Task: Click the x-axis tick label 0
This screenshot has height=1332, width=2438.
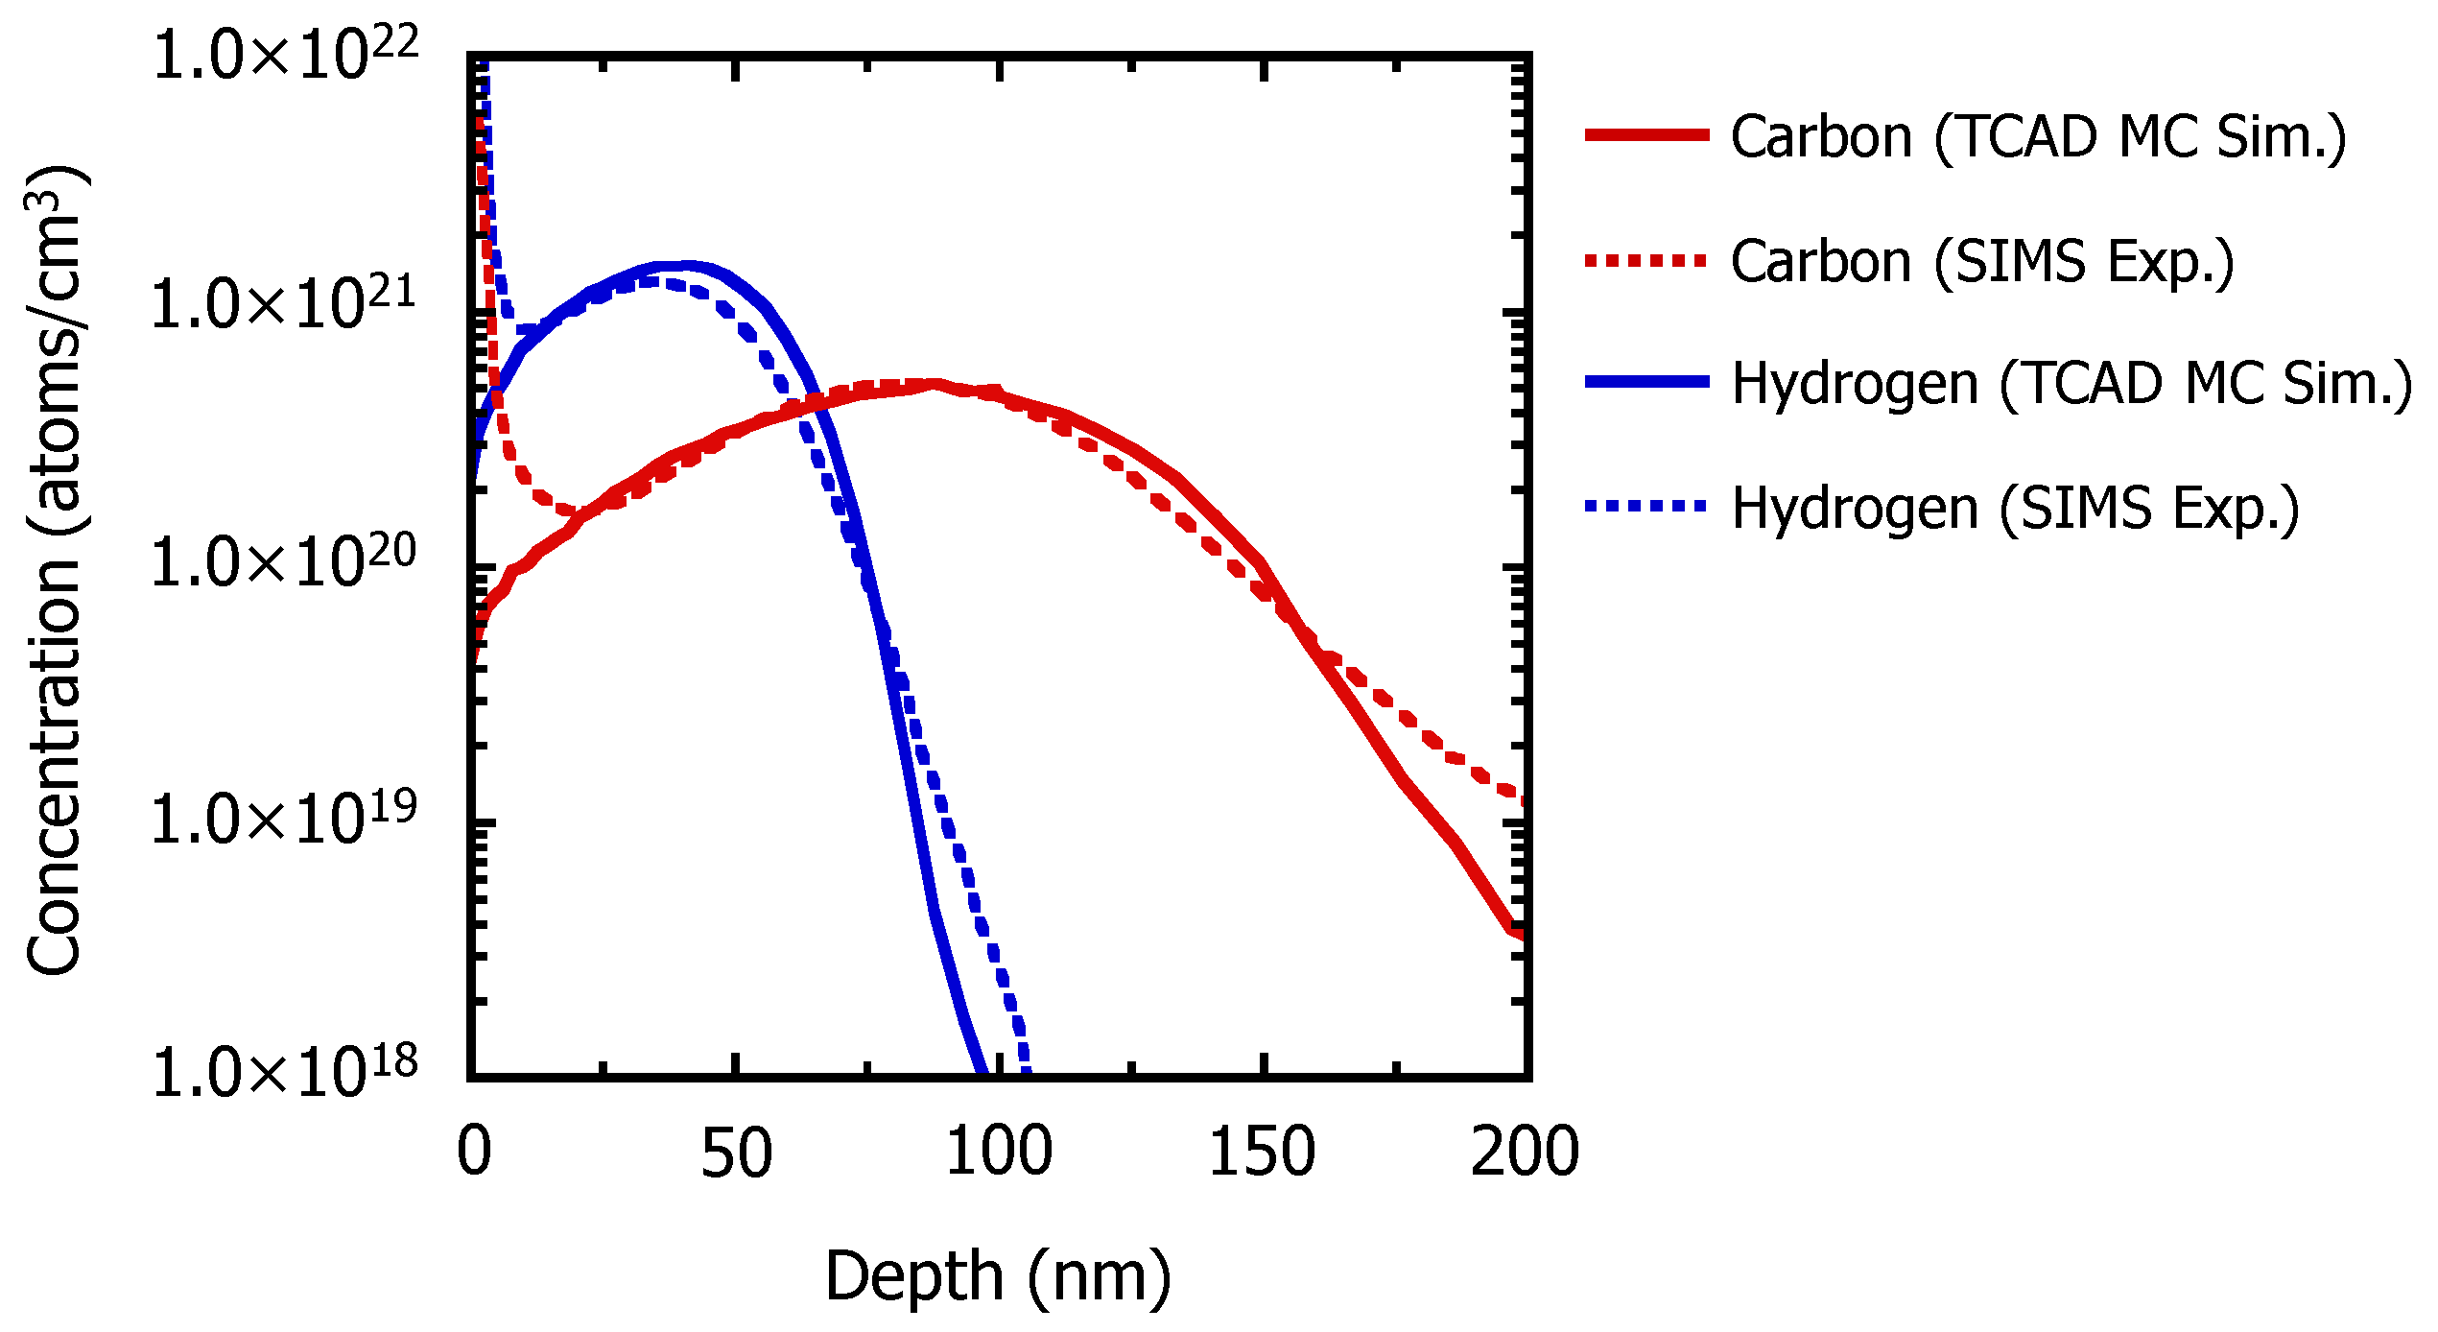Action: click(474, 1152)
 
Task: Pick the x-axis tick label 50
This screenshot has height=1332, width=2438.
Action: click(736, 1152)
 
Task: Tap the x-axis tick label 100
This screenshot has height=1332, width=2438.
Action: click(999, 1152)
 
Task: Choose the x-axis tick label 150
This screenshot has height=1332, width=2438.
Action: click(1262, 1152)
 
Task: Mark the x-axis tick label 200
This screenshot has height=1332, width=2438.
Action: click(1525, 1152)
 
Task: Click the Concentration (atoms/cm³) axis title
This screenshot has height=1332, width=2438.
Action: click(56, 571)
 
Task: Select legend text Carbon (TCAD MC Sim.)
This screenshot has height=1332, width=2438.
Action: click(2039, 137)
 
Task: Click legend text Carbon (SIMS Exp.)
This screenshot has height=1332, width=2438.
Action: click(1982, 261)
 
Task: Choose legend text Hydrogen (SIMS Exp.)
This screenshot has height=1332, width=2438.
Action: click(2016, 508)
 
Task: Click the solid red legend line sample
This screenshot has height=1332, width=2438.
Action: click(1646, 135)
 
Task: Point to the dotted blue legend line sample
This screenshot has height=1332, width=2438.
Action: click(1646, 506)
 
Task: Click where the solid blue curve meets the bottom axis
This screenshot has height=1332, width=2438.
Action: click(982, 1072)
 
